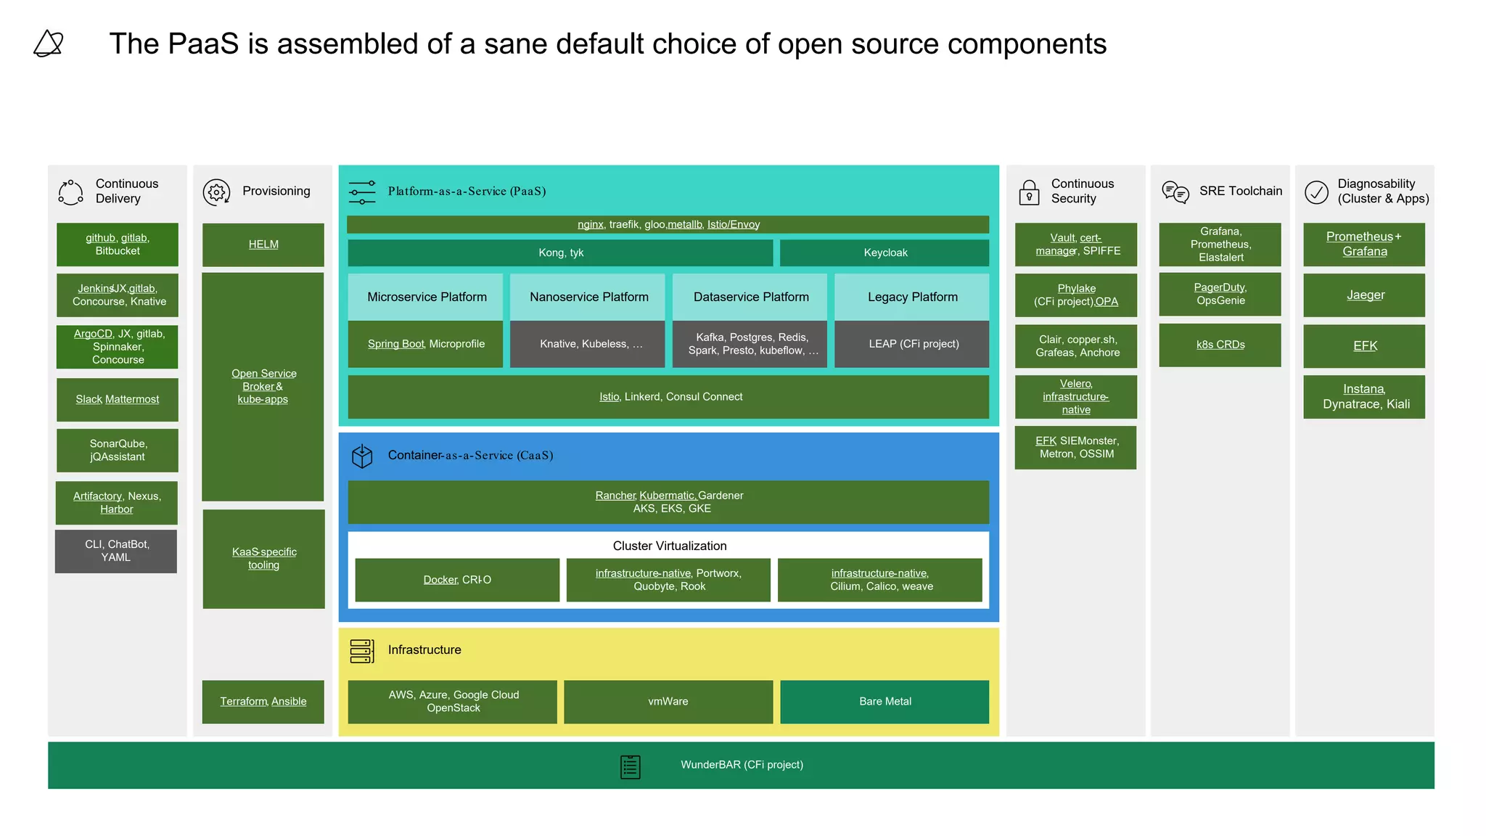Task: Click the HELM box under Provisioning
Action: click(x=263, y=245)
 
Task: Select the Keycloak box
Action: click(x=884, y=253)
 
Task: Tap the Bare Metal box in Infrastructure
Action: click(x=884, y=701)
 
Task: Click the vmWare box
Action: click(x=668, y=701)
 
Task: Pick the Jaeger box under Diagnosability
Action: click(x=1364, y=295)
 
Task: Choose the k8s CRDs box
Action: click(x=1220, y=345)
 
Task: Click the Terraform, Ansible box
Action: click(x=263, y=701)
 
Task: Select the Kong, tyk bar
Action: click(x=560, y=253)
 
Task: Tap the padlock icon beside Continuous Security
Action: click(x=1029, y=193)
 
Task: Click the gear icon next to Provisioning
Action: click(x=216, y=192)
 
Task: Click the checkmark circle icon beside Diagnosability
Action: click(x=1316, y=192)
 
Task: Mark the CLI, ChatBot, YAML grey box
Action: click(x=116, y=551)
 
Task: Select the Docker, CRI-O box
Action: click(x=457, y=579)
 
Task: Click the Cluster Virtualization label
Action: click(x=669, y=546)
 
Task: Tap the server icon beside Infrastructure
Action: click(x=361, y=651)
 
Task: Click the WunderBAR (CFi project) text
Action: click(x=741, y=764)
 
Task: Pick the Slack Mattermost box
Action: click(x=118, y=399)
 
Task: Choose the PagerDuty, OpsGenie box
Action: click(x=1220, y=294)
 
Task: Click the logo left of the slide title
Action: click(x=49, y=44)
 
